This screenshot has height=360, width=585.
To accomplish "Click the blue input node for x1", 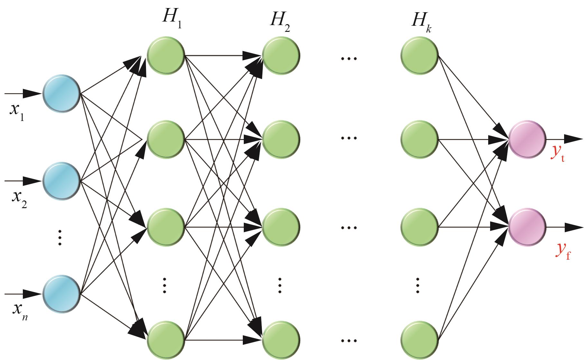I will point(61,94).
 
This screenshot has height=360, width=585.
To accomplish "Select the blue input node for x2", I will point(61,181).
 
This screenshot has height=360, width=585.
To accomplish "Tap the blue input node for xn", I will point(61,294).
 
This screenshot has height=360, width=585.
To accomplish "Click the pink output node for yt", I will point(527,139).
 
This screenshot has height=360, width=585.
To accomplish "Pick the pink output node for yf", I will point(527,227).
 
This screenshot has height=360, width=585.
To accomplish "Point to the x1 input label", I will point(17,112).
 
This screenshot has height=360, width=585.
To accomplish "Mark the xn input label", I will point(20,310).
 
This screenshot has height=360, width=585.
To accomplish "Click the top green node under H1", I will point(166,55).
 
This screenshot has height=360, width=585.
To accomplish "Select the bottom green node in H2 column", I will point(281,340).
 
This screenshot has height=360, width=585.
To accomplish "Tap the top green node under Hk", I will point(419,55).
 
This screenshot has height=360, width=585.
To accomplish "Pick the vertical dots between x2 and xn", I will point(59,237).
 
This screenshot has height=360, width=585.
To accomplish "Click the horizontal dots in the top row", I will point(349,59).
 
